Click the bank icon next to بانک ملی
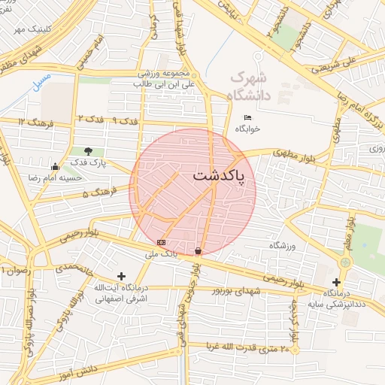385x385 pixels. coord(161,242)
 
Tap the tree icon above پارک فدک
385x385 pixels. coord(90,150)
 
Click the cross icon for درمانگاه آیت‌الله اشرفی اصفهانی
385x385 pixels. coord(121,277)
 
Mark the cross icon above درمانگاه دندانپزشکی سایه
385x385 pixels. coord(336,281)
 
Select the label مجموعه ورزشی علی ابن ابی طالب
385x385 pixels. coord(169,79)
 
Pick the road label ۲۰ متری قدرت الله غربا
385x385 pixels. coord(244,347)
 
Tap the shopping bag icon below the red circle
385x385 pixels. coord(198,251)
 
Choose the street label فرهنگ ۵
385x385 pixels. coord(95,195)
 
